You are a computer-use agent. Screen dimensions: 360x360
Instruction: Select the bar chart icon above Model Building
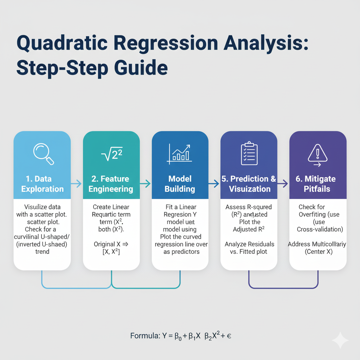coord(179,154)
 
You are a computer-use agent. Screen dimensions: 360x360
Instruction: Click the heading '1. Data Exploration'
coord(42,184)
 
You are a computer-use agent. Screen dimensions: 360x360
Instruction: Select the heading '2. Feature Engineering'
coord(111,184)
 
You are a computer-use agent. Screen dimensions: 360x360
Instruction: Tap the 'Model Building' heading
coord(180,184)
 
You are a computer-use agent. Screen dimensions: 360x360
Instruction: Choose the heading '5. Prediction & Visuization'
coord(249,184)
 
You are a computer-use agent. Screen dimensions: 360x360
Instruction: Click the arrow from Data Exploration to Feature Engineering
coord(76,183)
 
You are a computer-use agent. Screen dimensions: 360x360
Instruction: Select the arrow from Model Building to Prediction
coord(214,183)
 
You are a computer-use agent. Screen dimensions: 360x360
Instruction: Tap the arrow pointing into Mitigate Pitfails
coord(283,183)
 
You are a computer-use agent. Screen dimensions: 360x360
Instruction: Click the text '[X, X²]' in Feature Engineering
coord(111,252)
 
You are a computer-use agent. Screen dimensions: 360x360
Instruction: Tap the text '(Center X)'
coord(318,252)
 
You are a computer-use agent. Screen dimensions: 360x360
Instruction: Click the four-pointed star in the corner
coord(340,340)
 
